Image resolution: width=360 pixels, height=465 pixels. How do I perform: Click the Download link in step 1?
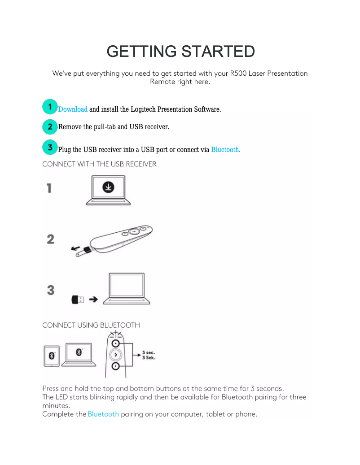point(73,109)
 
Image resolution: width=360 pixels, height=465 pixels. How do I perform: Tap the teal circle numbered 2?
point(50,127)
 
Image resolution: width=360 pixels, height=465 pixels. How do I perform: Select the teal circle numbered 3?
point(50,147)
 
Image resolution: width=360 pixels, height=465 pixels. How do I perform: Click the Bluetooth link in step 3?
point(225,149)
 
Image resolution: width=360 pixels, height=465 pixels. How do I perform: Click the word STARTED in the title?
point(218,51)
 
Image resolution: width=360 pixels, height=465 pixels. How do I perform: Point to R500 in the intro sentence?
point(238,73)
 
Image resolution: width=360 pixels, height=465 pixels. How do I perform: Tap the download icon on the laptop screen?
point(108,187)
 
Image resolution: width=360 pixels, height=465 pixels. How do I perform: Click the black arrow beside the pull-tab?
point(76,248)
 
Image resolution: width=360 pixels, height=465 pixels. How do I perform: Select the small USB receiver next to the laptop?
point(78,300)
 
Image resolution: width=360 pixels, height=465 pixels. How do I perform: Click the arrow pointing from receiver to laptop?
point(93,300)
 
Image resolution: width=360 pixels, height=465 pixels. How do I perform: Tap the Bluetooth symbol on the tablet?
point(52,356)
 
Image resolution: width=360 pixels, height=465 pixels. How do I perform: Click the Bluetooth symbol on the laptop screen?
point(79,352)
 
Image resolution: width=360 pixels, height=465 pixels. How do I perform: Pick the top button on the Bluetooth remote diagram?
point(115,343)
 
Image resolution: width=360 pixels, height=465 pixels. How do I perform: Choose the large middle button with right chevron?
point(115,355)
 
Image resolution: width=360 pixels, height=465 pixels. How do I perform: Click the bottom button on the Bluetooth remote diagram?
point(115,366)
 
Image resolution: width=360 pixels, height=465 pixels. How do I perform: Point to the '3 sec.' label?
point(149,352)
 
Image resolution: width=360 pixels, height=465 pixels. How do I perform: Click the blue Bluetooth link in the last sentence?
point(103,414)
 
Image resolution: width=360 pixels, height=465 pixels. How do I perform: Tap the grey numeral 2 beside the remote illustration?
point(51,239)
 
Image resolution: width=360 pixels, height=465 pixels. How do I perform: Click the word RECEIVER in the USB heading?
point(141,164)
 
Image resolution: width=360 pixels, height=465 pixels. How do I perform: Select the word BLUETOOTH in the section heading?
point(120,326)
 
